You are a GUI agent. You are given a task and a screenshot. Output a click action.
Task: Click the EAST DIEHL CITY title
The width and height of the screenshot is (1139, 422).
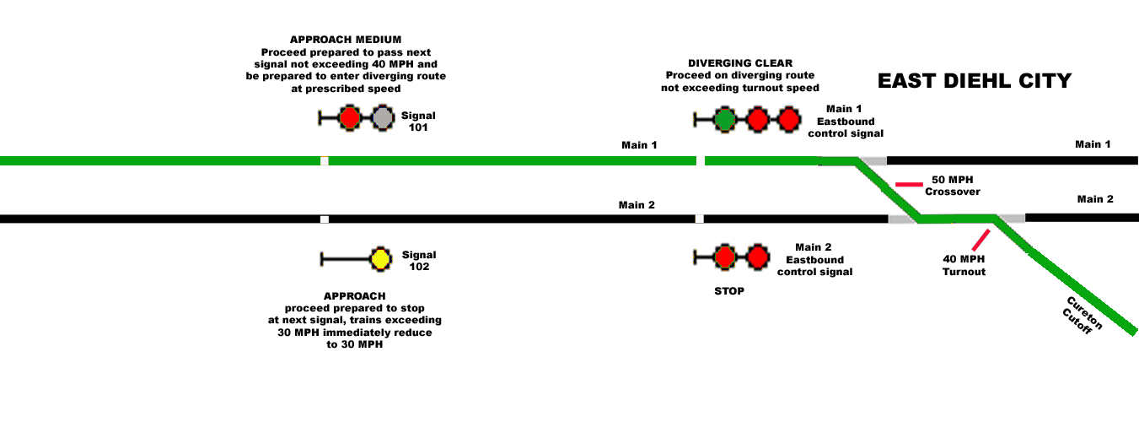coord(975,81)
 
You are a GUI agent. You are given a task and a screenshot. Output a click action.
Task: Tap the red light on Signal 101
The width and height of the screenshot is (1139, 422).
coord(350,118)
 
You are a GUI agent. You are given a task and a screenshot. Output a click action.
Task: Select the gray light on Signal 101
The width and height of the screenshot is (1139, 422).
coord(383,118)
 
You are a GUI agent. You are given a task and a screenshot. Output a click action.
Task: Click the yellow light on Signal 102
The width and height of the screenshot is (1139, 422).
coord(380,259)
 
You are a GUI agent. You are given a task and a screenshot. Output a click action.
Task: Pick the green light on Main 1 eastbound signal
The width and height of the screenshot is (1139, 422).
coord(724,120)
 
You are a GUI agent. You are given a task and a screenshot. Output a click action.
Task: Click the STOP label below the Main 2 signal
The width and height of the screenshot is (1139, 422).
coord(729,291)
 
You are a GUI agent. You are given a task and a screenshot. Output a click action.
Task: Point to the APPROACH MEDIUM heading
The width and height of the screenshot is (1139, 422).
coord(346,40)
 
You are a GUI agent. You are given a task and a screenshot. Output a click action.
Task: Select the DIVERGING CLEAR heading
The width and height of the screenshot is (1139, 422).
coord(740,63)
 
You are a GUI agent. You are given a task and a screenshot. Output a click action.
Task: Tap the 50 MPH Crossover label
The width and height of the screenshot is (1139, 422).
coord(953,186)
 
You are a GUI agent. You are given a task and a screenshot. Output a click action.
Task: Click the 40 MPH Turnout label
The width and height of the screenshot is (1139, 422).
coord(964,265)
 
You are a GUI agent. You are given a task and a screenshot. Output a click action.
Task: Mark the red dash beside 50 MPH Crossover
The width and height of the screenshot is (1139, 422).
coord(909,184)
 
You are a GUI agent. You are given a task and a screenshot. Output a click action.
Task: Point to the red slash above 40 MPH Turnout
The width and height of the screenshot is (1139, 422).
coord(981,240)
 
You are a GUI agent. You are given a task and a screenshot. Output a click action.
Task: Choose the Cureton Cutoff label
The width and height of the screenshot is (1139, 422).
coord(1083,316)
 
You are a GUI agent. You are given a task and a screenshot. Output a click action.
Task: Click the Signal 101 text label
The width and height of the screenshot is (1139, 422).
coord(418,122)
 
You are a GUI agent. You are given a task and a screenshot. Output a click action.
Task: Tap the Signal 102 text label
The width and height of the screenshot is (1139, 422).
coord(419,261)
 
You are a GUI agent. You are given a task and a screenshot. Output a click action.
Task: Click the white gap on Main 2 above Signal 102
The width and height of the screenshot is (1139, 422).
coord(325,219)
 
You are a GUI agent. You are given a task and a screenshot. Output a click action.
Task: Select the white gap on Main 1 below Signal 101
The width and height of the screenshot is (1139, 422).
coord(325,161)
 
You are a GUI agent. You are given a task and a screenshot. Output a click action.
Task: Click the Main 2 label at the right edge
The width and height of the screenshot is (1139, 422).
coord(1095,199)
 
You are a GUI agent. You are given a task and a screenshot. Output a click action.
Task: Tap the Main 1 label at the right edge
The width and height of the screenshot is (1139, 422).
coord(1093,144)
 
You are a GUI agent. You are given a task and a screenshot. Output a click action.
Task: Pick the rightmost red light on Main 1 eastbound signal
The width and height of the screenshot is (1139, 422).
coord(789,120)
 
